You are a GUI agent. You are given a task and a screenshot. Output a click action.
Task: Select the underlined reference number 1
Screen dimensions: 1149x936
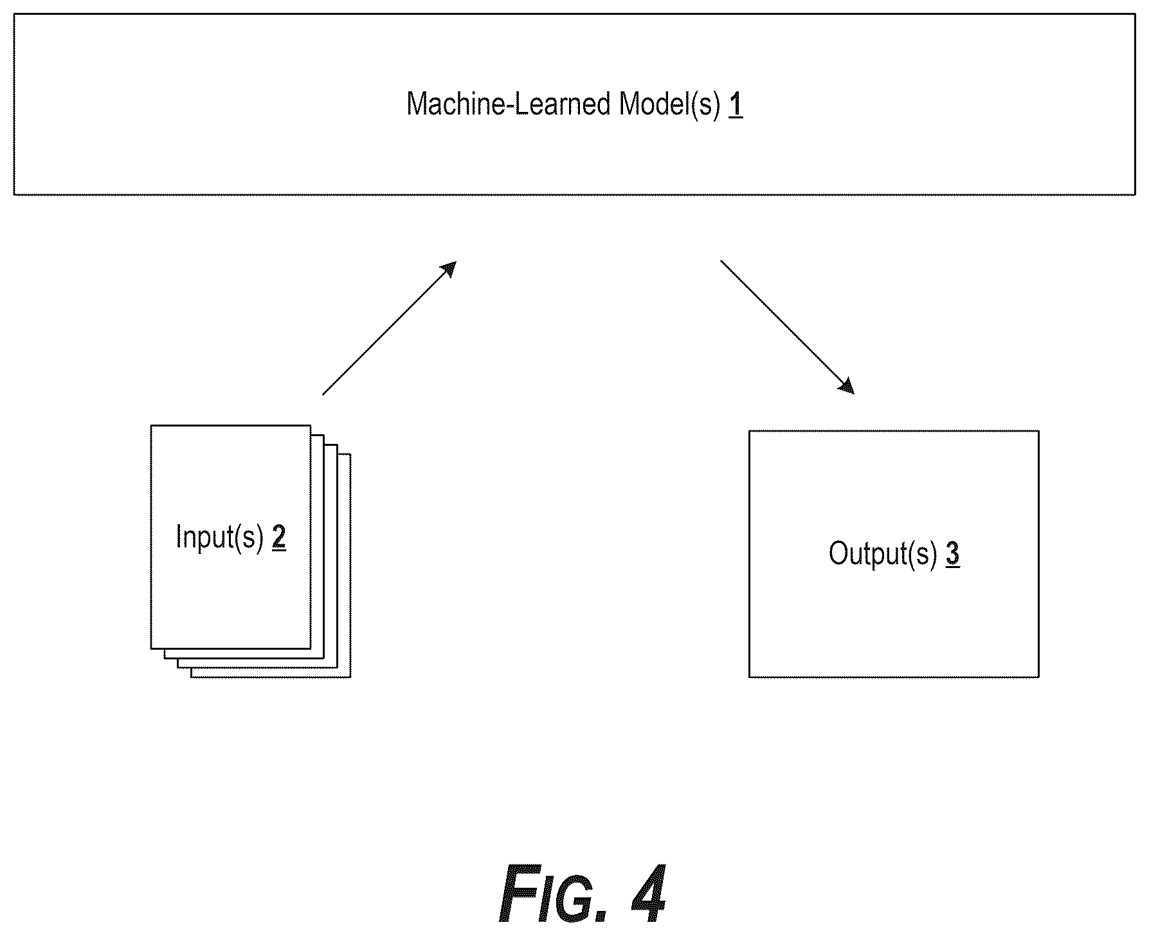tap(736, 104)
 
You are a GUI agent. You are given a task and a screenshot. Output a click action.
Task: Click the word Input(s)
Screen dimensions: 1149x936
tap(220, 537)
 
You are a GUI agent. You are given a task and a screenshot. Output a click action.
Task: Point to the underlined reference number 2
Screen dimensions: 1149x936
tap(279, 537)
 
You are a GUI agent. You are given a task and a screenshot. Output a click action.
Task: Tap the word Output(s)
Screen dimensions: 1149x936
tap(883, 554)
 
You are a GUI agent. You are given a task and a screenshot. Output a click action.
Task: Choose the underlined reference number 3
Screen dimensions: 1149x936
tap(953, 554)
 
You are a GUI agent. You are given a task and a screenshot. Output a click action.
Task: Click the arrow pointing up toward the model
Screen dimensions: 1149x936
tap(390, 327)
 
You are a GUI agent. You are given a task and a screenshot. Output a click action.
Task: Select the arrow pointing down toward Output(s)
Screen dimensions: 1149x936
tap(788, 327)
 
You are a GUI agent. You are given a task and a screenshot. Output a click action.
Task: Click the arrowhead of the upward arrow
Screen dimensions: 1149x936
tap(449, 268)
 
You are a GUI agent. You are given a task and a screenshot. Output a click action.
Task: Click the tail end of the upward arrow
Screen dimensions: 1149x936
tap(323, 394)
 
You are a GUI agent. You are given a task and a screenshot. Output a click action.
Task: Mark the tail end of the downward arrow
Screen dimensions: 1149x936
tap(721, 261)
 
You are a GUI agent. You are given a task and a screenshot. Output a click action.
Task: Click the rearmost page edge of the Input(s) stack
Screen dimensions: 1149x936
tap(350, 566)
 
